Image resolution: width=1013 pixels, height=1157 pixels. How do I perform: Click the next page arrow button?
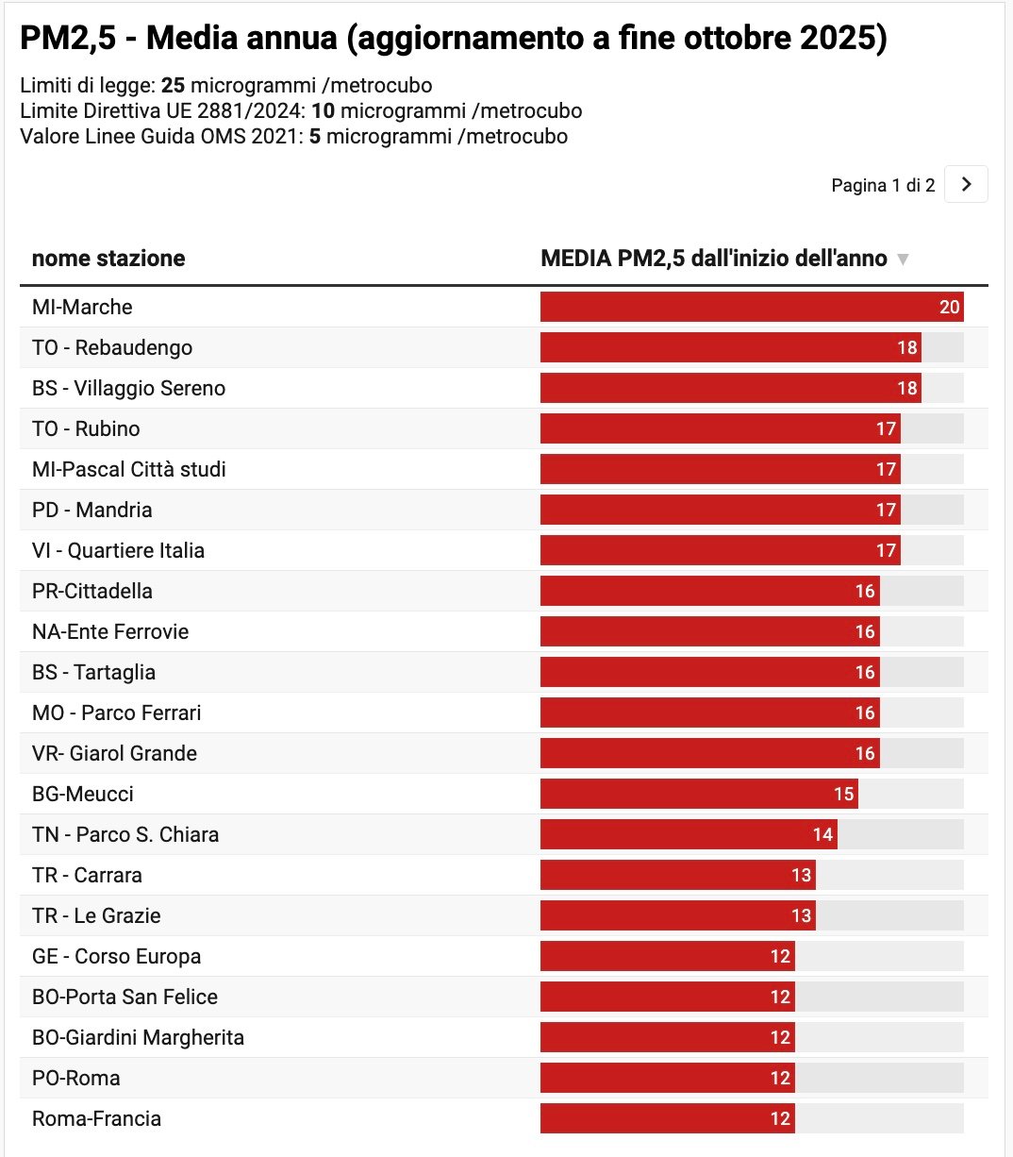[966, 185]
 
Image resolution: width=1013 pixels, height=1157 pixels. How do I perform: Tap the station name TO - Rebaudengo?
[112, 347]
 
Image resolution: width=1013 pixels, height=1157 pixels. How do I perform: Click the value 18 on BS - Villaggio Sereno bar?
[907, 388]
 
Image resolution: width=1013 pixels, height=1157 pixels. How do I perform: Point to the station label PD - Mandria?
[92, 510]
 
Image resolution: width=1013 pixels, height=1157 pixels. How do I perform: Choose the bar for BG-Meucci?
[698, 794]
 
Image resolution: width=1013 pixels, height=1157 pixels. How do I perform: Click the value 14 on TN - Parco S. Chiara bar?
[822, 834]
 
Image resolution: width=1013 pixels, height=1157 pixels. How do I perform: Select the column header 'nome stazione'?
[108, 259]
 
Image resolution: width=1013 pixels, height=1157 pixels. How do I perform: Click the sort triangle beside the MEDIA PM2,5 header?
[903, 260]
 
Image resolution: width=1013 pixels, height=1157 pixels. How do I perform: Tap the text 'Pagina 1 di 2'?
[883, 186]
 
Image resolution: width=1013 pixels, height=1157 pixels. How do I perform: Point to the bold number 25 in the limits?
[173, 86]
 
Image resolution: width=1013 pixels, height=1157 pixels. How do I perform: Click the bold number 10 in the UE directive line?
[323, 111]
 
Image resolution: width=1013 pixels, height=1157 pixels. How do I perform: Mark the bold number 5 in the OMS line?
[315, 137]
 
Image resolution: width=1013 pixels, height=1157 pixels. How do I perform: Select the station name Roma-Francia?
[96, 1118]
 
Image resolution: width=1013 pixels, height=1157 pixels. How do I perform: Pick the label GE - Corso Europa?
[116, 956]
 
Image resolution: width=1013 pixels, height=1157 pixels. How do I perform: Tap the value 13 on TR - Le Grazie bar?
[801, 915]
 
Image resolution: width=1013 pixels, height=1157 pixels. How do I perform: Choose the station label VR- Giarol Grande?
[114, 753]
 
